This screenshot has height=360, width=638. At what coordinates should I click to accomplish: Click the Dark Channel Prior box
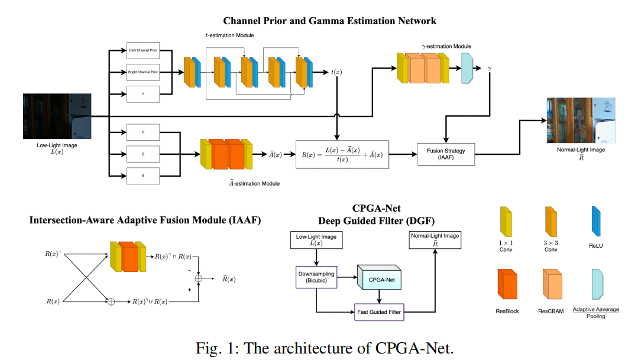[144, 51]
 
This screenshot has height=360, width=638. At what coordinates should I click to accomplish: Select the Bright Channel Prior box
[144, 72]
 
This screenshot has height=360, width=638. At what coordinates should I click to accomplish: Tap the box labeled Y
[144, 93]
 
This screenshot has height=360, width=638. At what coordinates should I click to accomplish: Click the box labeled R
[144, 132]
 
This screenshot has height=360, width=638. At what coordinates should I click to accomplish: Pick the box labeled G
[144, 154]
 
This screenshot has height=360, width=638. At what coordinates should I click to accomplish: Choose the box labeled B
[144, 175]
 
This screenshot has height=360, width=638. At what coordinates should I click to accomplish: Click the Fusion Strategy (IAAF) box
[446, 154]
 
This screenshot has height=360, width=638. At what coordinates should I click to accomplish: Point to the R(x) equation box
[342, 154]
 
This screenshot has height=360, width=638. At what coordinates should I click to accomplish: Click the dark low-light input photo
[57, 116]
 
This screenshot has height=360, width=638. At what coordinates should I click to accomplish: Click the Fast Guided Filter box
[379, 311]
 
